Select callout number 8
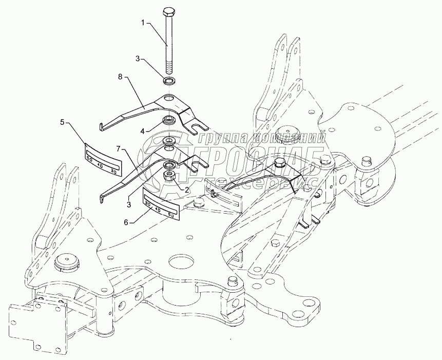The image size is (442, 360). click(x=121, y=78)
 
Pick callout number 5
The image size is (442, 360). click(x=62, y=122)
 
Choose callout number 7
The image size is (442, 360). click(x=119, y=149)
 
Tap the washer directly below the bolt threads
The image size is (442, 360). click(x=170, y=81)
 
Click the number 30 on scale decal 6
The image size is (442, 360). click(x=149, y=205)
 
